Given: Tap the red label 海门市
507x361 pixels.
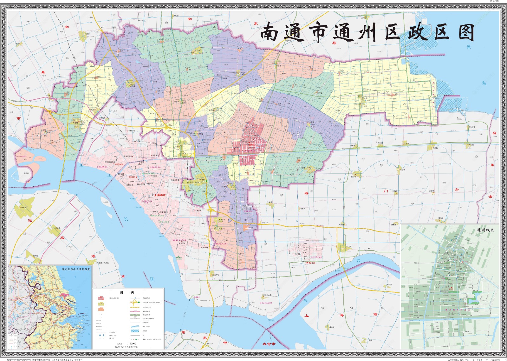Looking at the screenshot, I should tap(311, 263).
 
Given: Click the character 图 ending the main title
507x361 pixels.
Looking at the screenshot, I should tap(466, 33).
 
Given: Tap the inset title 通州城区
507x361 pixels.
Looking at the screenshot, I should tap(485, 230).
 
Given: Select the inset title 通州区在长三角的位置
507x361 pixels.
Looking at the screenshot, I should tap(76, 269).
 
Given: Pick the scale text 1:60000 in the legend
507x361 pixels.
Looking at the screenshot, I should tap(132, 344).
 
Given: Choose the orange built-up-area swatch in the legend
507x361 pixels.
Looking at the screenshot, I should tap(101, 309).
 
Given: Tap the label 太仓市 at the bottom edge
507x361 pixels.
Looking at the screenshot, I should tap(269, 344).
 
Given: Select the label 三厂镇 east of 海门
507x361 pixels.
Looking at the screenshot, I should tap(348, 247).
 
